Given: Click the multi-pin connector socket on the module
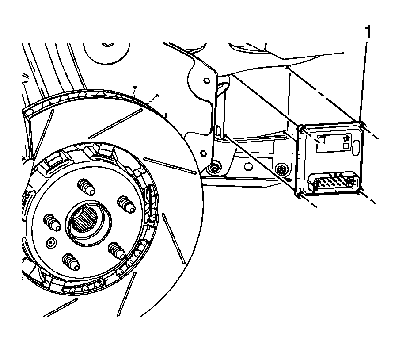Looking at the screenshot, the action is [x=332, y=183].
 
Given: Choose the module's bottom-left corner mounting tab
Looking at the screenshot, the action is [x=297, y=193].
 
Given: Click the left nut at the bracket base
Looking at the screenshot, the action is [x=214, y=168].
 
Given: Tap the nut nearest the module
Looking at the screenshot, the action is [x=280, y=169].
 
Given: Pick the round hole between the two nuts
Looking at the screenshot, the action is [x=248, y=166].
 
